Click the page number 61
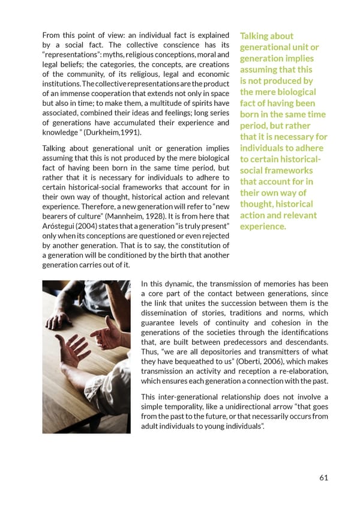[323, 478]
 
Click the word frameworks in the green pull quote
[284, 171]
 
